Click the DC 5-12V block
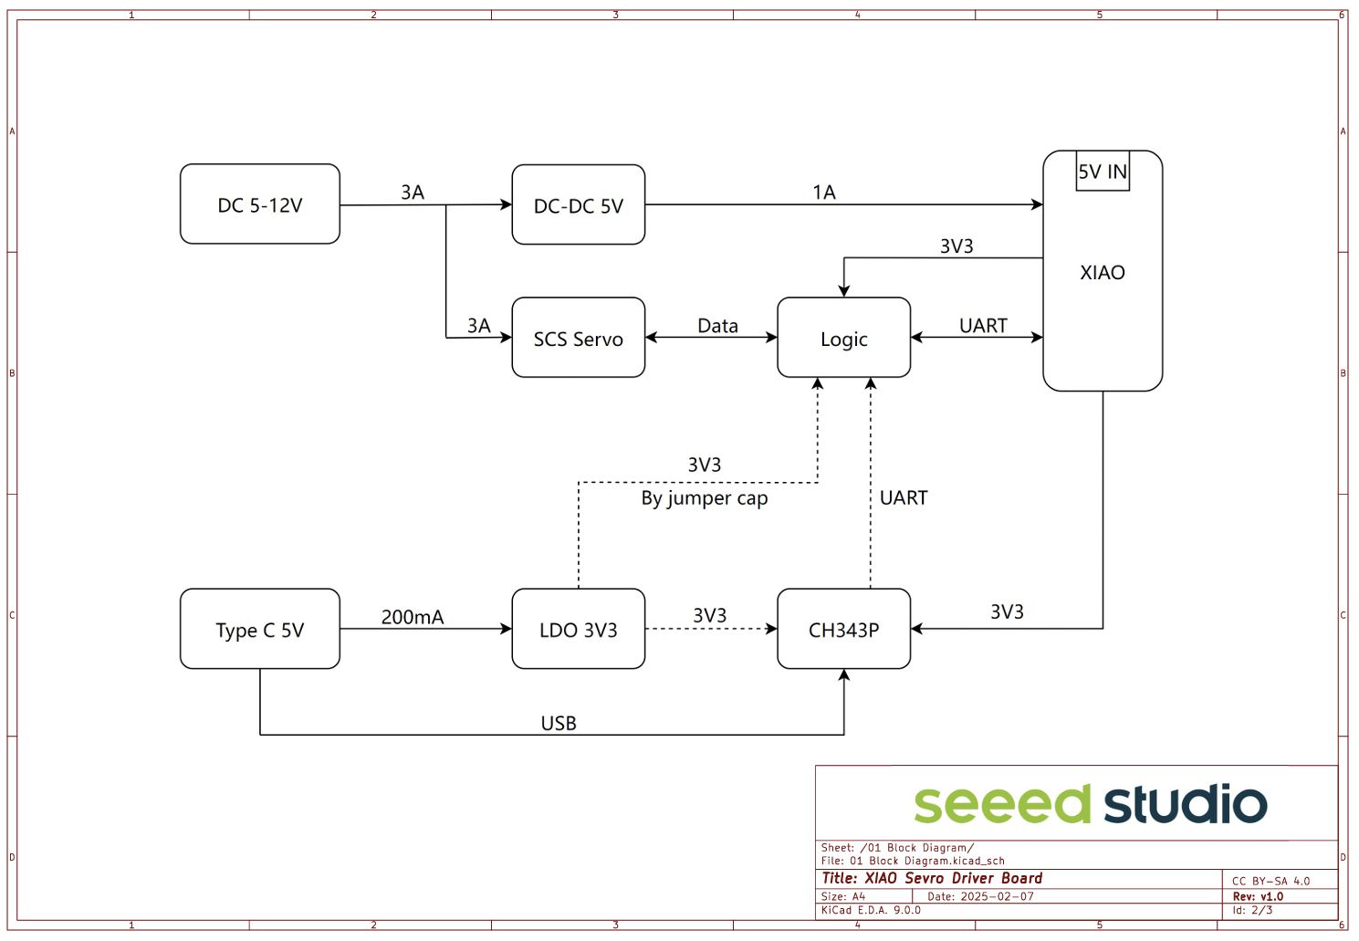point(260,204)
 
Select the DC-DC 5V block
point(578,205)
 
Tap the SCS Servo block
point(578,338)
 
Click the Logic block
point(843,338)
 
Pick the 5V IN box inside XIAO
point(1103,172)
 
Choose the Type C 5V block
point(260,629)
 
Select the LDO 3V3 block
point(578,629)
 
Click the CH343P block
point(843,629)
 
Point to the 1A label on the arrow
point(824,192)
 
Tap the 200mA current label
point(413,617)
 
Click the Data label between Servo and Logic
point(717,326)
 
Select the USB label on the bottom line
point(559,723)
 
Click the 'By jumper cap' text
point(705,498)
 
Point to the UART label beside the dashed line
point(904,497)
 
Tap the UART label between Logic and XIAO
point(983,326)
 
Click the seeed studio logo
point(1090,804)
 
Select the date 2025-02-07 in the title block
point(997,896)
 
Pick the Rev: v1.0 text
point(1258,896)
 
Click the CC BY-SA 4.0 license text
point(1270,881)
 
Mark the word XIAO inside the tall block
point(1103,272)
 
